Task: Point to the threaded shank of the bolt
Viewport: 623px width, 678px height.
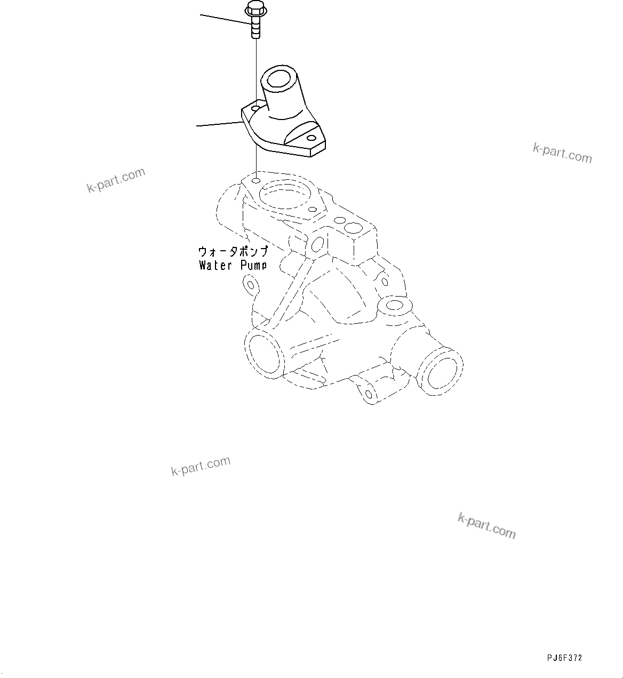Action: point(256,27)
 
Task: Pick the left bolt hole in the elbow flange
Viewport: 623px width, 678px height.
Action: point(256,108)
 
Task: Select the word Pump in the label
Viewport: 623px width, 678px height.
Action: point(251,265)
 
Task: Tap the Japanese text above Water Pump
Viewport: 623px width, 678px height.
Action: point(233,251)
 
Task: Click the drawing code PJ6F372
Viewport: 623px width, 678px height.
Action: point(564,658)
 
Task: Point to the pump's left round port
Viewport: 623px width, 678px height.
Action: point(263,353)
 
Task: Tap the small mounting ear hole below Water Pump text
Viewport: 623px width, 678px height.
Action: point(250,284)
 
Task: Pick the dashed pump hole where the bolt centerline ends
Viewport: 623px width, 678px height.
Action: point(256,181)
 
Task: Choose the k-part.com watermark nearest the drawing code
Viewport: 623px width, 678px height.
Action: point(486,525)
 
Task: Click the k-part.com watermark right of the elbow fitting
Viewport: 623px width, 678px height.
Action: point(562,153)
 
